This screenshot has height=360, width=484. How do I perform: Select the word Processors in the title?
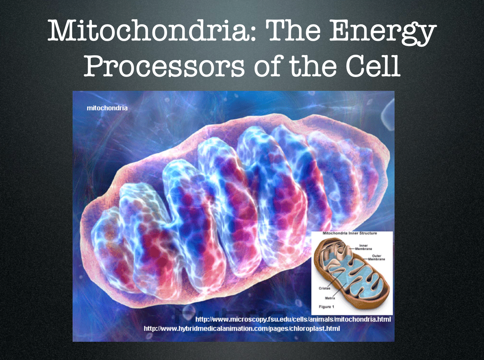click(x=164, y=65)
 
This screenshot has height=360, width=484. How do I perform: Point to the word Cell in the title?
click(x=373, y=65)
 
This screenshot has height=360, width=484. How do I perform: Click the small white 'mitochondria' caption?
click(x=107, y=108)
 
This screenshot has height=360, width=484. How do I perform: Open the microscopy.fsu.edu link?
click(x=293, y=319)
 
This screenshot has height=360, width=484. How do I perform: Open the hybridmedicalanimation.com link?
click(x=242, y=329)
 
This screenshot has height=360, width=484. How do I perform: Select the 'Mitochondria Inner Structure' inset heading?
click(x=350, y=233)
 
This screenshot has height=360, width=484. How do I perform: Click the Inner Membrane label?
click(x=364, y=247)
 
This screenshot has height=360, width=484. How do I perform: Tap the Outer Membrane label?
click(x=377, y=257)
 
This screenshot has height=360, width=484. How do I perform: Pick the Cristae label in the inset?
click(x=324, y=288)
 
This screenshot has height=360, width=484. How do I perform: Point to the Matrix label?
click(x=330, y=298)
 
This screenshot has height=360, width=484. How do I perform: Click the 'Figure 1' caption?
click(x=326, y=307)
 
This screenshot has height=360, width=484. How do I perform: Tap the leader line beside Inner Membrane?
click(x=352, y=249)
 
